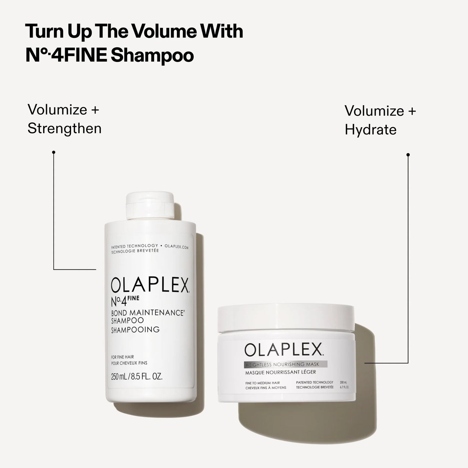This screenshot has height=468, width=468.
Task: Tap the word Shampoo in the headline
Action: click(x=152, y=56)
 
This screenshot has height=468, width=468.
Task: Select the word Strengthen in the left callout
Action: click(x=64, y=129)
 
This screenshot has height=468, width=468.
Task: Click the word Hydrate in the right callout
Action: click(x=371, y=130)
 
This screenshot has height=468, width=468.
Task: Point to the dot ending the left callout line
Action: click(x=53, y=152)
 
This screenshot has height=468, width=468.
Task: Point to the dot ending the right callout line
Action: click(x=408, y=155)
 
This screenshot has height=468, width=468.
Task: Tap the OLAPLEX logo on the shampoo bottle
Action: click(x=150, y=285)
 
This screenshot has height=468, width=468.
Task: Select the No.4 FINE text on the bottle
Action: click(x=125, y=301)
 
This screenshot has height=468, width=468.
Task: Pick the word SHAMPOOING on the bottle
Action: click(x=135, y=330)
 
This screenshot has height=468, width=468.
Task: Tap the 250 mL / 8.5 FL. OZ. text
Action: click(x=136, y=377)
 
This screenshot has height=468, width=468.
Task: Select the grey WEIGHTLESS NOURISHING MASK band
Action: click(x=285, y=364)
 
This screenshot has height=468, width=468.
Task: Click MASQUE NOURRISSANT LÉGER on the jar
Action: click(x=280, y=372)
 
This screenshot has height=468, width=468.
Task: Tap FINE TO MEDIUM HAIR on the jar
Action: click(x=263, y=383)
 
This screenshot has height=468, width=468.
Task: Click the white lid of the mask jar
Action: click(x=286, y=317)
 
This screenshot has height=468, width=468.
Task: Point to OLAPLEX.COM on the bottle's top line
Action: click(x=176, y=247)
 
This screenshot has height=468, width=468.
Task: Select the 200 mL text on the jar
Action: click(x=343, y=382)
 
